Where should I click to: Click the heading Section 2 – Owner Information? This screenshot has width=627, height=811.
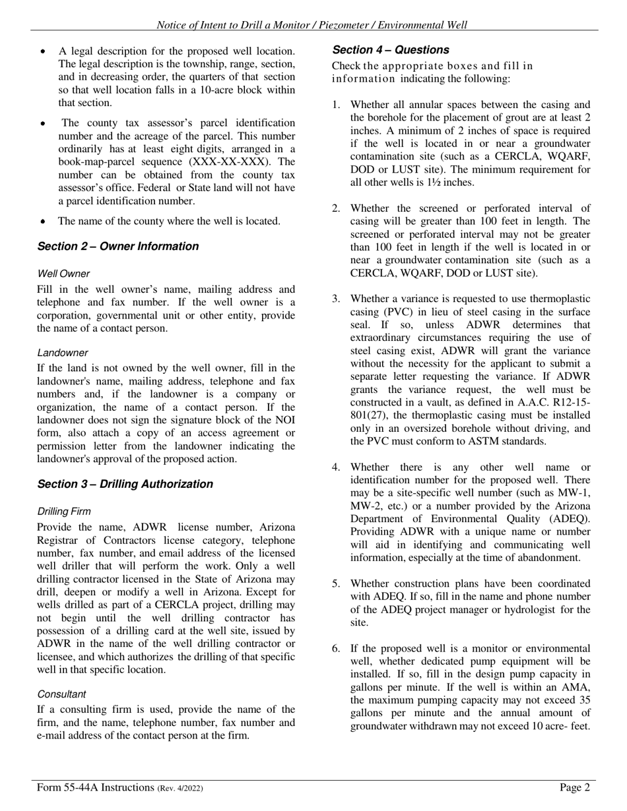tap(117, 247)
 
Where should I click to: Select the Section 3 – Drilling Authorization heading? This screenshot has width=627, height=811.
tap(125, 484)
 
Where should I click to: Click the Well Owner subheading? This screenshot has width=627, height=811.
tap(63, 274)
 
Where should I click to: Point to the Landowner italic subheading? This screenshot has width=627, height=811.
tap(62, 353)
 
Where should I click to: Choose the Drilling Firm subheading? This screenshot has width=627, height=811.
tap(64, 512)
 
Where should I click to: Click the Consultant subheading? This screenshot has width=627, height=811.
tap(61, 694)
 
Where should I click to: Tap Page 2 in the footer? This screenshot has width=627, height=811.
tap(574, 787)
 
